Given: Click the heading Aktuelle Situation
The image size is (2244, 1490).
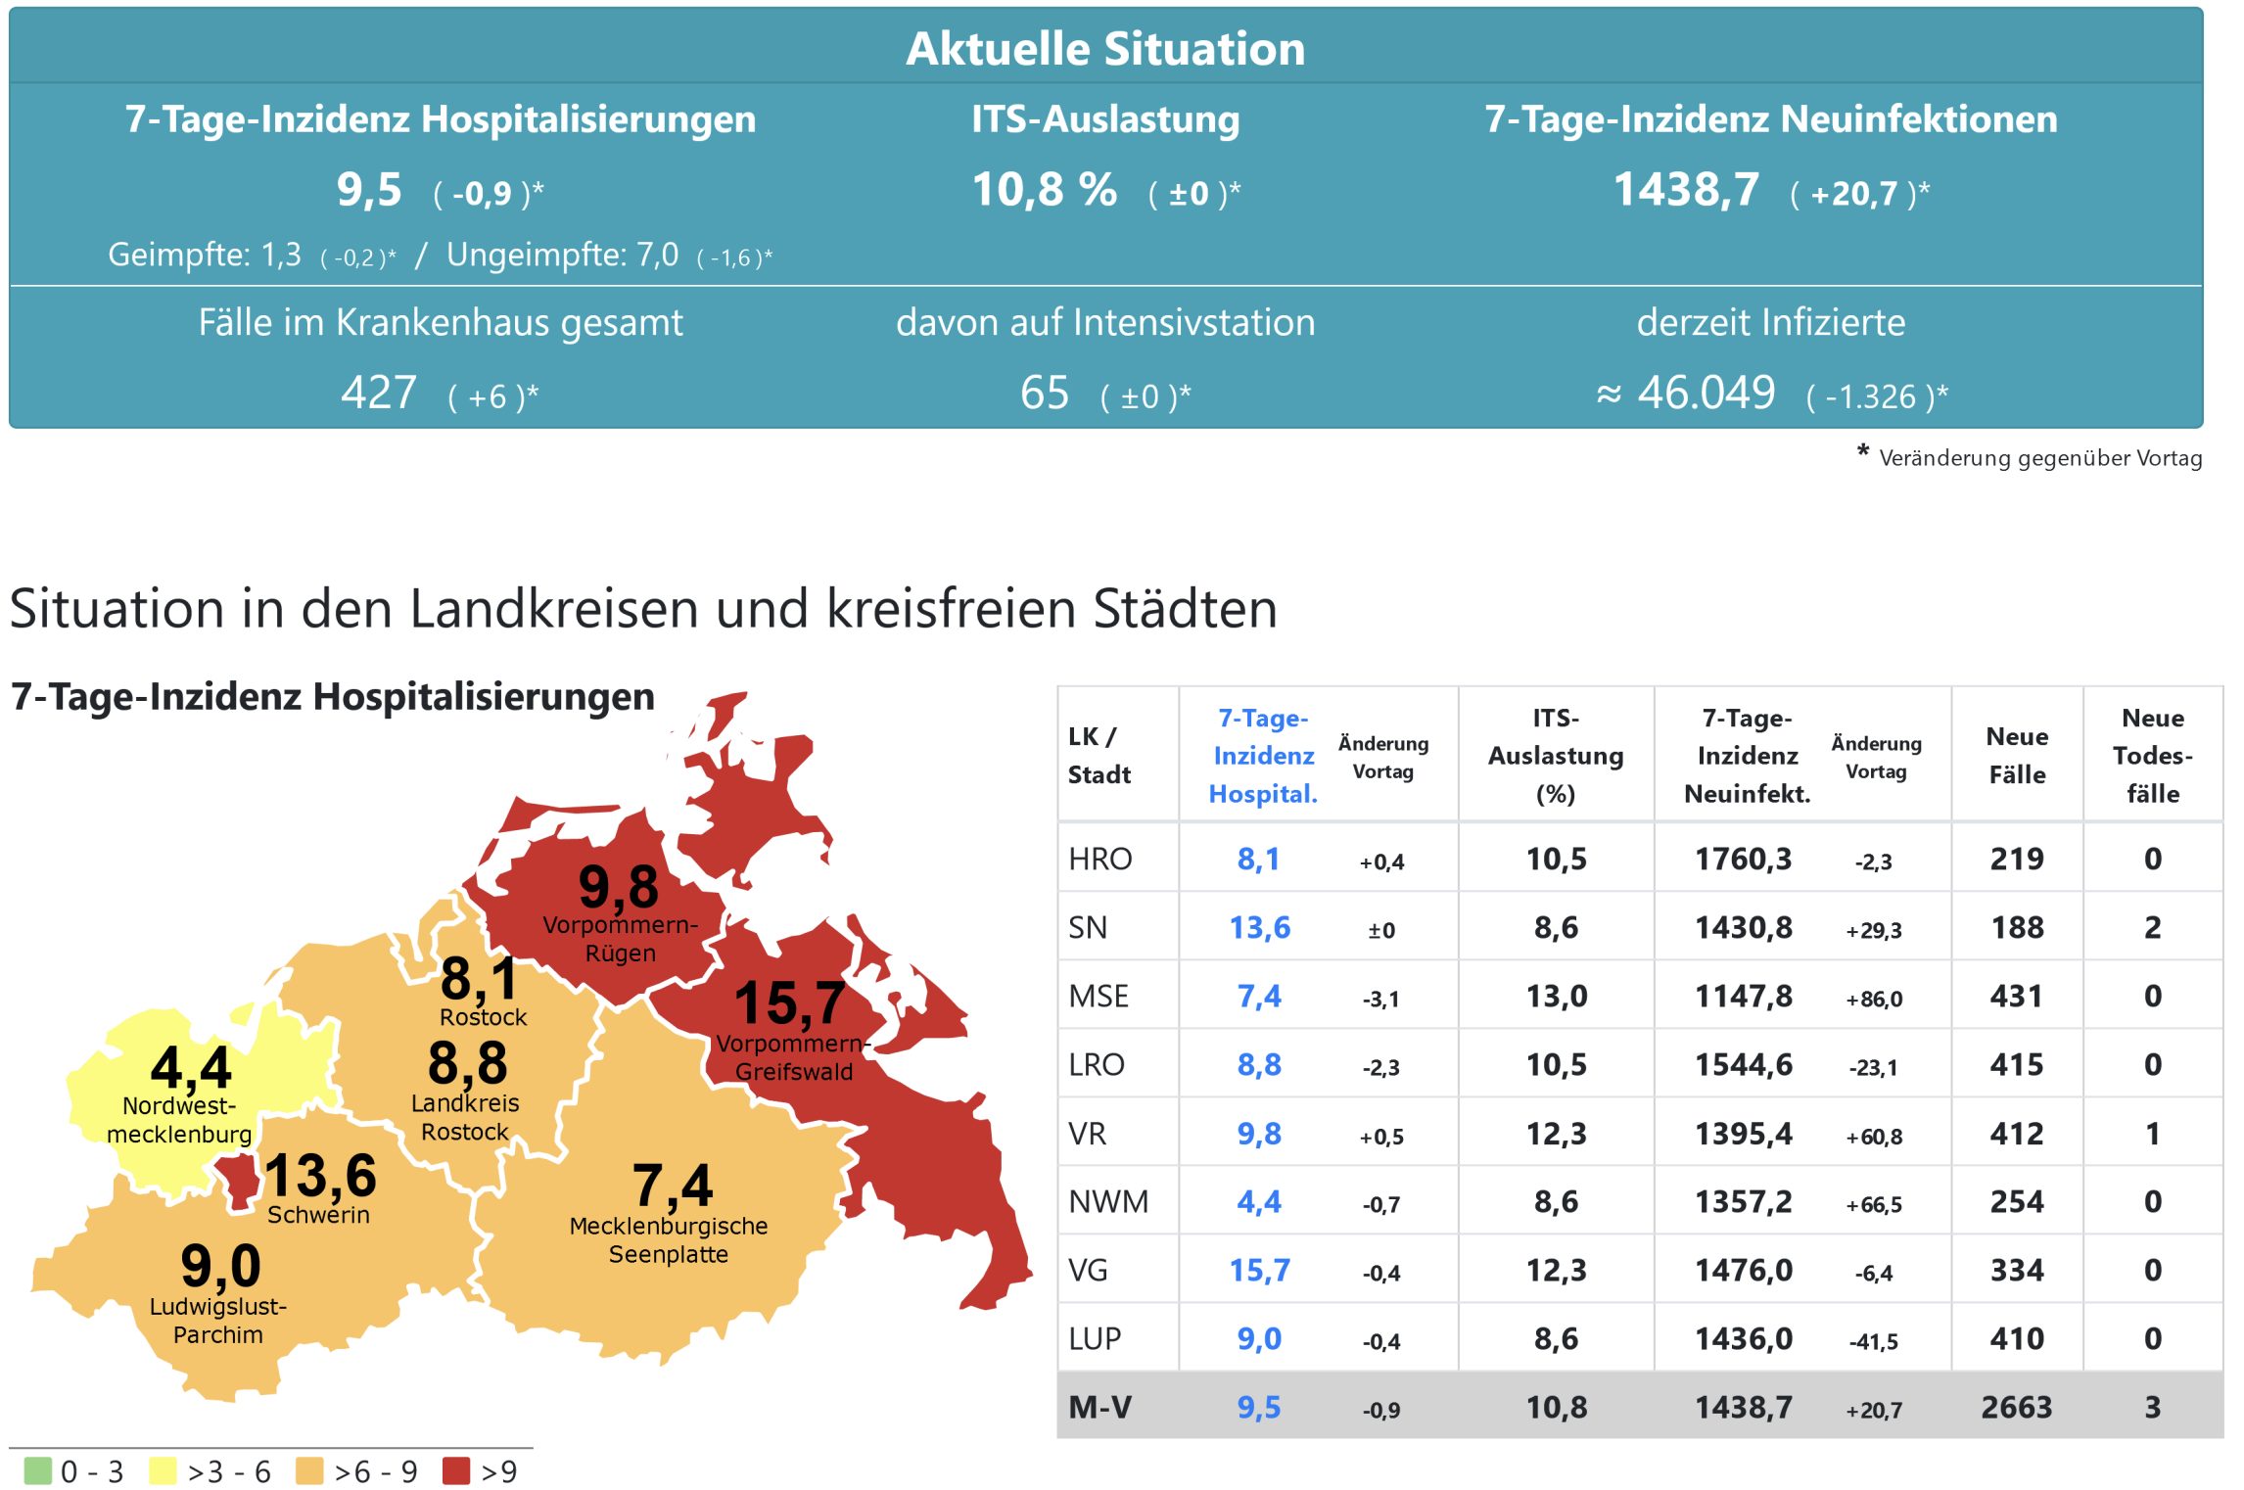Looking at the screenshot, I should tap(1105, 49).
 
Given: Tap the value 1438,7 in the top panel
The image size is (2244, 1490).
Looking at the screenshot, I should tap(1686, 190).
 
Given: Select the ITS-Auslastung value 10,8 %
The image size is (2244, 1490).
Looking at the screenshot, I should tap(1044, 190).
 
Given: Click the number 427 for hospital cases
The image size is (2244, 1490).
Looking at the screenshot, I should tap(379, 394).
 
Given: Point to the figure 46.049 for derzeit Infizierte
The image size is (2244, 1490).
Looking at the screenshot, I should tap(1706, 394).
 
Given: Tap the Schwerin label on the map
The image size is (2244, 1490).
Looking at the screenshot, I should tap(318, 1215).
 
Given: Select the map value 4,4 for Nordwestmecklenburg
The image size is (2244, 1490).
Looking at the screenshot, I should tap(191, 1067).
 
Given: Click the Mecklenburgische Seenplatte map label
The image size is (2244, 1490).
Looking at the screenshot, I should tap(669, 1240).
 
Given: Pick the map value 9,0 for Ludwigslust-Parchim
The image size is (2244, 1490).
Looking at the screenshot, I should tap(220, 1266).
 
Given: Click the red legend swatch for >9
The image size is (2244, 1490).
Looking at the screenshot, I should tap(456, 1471).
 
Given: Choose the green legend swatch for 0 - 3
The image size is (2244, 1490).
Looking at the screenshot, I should tap(37, 1471).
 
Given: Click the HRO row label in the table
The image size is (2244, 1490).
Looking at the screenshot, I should tap(1099, 860).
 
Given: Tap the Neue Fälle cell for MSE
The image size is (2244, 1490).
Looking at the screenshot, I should tap(2016, 997).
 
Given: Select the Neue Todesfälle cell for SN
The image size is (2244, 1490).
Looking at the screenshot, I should tap(2152, 928).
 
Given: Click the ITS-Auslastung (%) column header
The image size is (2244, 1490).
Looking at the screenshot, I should tap(1555, 756).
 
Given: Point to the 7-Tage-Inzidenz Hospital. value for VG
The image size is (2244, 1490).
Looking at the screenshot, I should tap(1259, 1271).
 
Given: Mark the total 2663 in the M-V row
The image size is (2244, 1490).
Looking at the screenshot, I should tap(2016, 1408).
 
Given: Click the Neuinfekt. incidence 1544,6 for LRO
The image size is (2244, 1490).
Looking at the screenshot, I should tap(1743, 1065).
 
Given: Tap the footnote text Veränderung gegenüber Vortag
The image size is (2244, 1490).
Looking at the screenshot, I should tap(2039, 458).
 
